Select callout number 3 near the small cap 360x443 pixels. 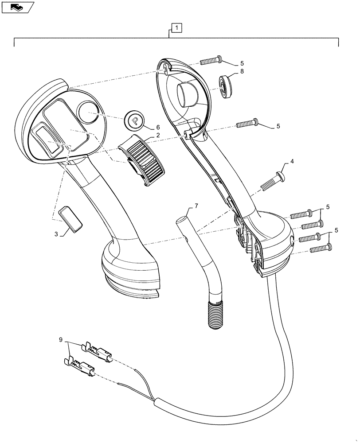click(x=56, y=233)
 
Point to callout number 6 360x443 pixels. click(x=157, y=127)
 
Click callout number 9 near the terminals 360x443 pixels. click(x=60, y=340)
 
